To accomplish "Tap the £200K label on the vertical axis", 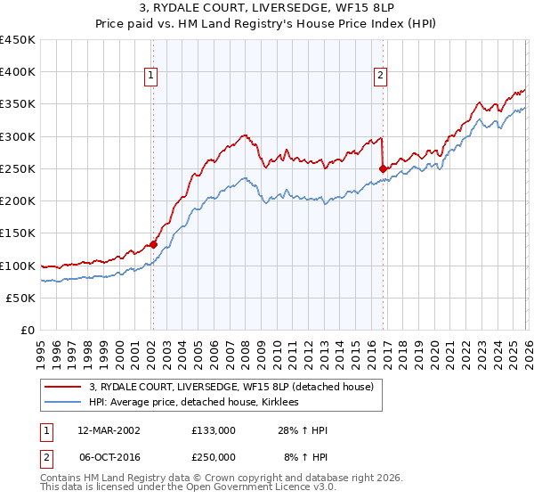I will (x=18, y=201).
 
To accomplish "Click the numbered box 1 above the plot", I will (x=151, y=77).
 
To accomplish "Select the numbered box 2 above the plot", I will (x=380, y=77).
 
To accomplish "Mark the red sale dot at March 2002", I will (x=153, y=244).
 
